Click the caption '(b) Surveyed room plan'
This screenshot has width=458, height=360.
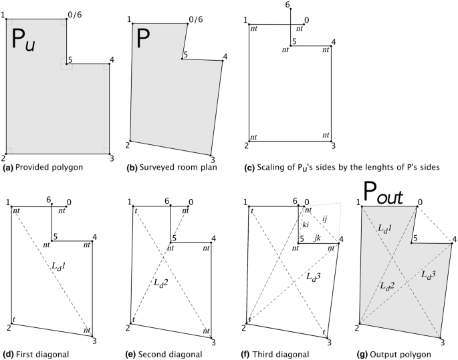click(170, 168)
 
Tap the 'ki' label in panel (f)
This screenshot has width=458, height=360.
click(304, 225)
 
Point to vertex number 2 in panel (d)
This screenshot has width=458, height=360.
click(9, 327)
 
